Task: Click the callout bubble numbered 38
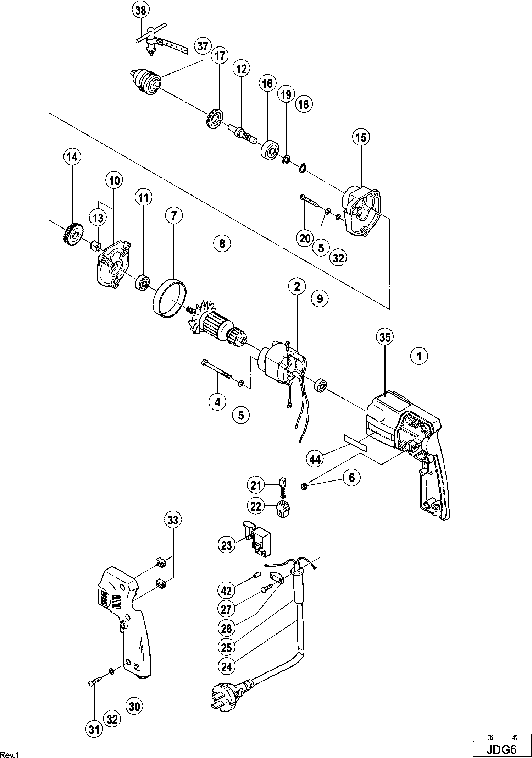pos(141,11)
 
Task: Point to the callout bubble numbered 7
pos(174,216)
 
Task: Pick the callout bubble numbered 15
pos(361,137)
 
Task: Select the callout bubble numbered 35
pos(385,337)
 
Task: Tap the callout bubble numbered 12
pos(241,69)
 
